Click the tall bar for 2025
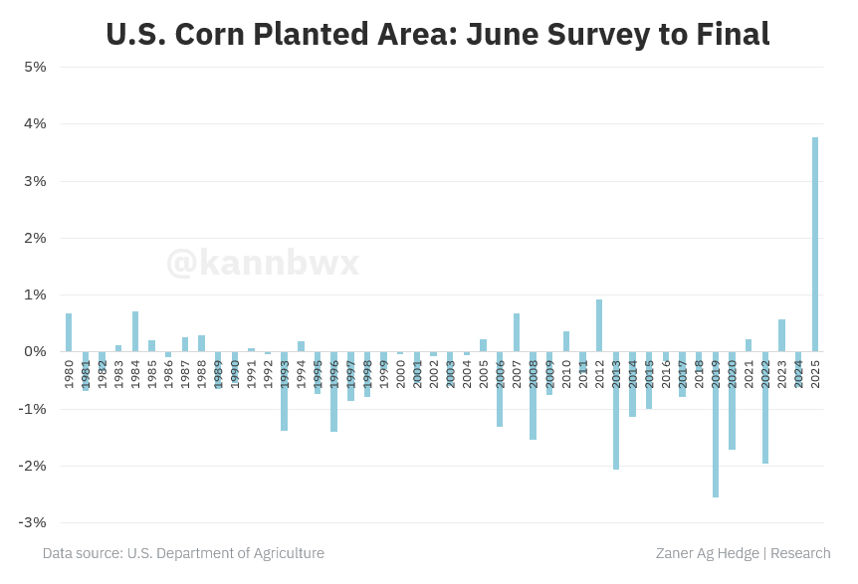point(815,244)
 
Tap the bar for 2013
point(616,410)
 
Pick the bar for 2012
point(599,325)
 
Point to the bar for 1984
point(135,331)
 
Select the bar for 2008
point(533,395)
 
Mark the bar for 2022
point(765,407)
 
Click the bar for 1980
point(69,332)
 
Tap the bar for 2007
point(517,332)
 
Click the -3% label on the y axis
point(35,522)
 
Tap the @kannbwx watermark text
point(262,263)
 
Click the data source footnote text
point(183,553)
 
